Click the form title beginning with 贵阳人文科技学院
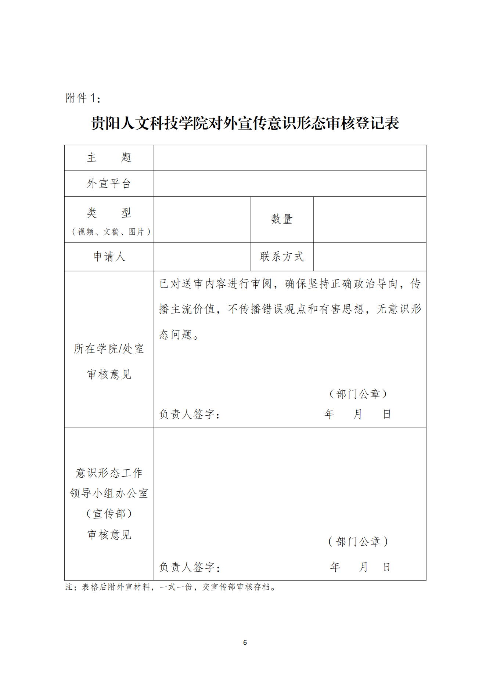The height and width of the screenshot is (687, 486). (x=245, y=123)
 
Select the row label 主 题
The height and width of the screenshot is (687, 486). (x=109, y=158)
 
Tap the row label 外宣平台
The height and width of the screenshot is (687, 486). (x=109, y=184)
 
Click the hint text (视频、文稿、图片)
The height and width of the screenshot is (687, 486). (x=111, y=232)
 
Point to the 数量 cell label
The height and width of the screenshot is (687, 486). (x=282, y=219)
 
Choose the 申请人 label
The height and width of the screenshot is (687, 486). (x=109, y=257)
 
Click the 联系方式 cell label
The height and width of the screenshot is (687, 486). (x=282, y=257)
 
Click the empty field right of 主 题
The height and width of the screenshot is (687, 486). (x=290, y=158)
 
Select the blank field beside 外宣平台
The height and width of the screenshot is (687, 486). (x=290, y=184)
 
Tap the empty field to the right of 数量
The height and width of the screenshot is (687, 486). (x=370, y=219)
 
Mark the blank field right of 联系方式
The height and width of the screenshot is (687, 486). (x=370, y=257)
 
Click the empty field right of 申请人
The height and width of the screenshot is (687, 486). (x=202, y=257)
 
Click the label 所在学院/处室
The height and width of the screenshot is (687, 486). (x=109, y=349)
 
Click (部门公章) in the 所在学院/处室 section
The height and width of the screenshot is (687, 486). (x=358, y=394)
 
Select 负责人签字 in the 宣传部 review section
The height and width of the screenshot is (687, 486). (x=189, y=567)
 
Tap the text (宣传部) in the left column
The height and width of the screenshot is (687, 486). (x=109, y=514)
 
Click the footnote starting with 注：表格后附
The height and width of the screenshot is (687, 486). (x=171, y=587)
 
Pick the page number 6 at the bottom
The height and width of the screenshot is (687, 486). (x=245, y=643)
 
